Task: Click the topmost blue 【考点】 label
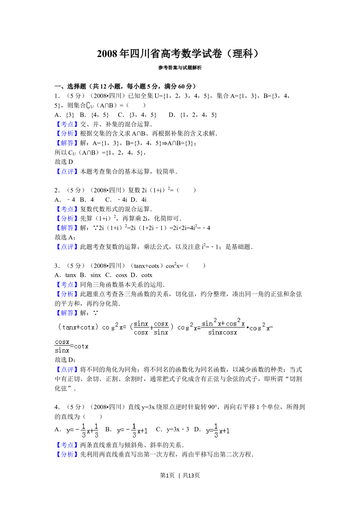click(x=66, y=125)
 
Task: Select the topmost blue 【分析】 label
click(x=66, y=134)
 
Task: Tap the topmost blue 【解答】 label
click(x=66, y=143)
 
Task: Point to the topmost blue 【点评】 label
click(x=66, y=171)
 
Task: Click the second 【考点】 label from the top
click(x=66, y=209)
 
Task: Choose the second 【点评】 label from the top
click(x=66, y=247)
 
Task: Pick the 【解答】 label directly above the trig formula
click(x=66, y=312)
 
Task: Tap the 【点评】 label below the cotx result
click(x=66, y=370)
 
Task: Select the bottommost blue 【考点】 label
click(x=66, y=445)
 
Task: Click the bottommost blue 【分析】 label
click(x=66, y=454)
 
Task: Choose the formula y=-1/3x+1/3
click(x=82, y=431)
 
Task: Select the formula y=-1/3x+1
click(x=132, y=431)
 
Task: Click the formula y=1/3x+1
click(x=217, y=431)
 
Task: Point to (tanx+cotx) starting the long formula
click(x=78, y=327)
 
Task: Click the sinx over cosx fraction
click(x=141, y=328)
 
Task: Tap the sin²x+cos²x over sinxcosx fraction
click(x=223, y=328)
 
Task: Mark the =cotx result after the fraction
click(x=80, y=346)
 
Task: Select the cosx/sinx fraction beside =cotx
click(x=62, y=346)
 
